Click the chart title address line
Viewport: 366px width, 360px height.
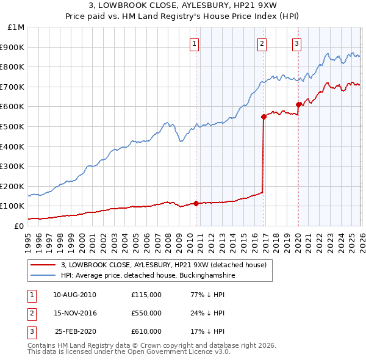click(x=182, y=5)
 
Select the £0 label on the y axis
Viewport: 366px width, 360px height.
click(x=19, y=226)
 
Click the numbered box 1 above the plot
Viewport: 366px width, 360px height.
click(x=194, y=43)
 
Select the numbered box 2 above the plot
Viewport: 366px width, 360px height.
click(x=262, y=43)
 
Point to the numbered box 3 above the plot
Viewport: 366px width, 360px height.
click(x=296, y=43)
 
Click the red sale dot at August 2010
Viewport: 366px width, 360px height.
click(x=196, y=203)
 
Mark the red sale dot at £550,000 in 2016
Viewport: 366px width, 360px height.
click(x=264, y=117)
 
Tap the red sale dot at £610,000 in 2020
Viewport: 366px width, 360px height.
click(x=298, y=104)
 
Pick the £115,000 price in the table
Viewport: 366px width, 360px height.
click(x=146, y=295)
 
